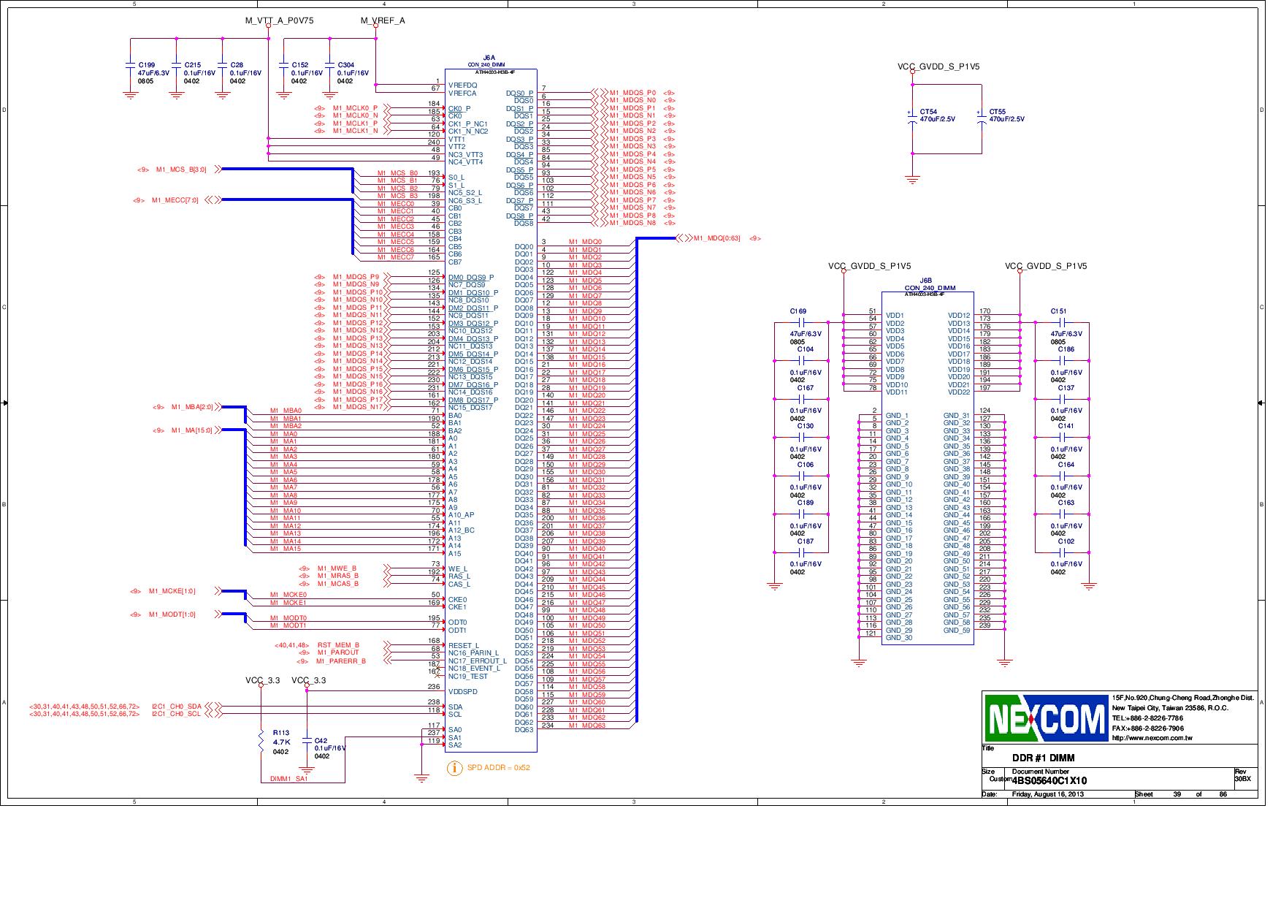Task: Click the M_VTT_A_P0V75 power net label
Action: (279, 20)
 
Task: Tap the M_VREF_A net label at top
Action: (383, 20)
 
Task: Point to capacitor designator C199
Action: (146, 65)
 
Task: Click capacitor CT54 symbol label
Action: (928, 112)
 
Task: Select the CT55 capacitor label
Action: (998, 112)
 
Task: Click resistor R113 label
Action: (280, 732)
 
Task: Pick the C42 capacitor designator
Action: (321, 740)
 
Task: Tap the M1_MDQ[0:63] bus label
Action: (716, 238)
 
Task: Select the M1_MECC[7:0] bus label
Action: (175, 200)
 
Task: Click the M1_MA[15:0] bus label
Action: (191, 430)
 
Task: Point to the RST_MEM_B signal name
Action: (337, 645)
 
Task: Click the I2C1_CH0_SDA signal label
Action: (176, 707)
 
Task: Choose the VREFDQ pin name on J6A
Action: (462, 85)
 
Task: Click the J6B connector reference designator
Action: (925, 281)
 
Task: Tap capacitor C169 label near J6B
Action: (798, 311)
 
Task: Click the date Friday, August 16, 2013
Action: (1047, 794)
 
